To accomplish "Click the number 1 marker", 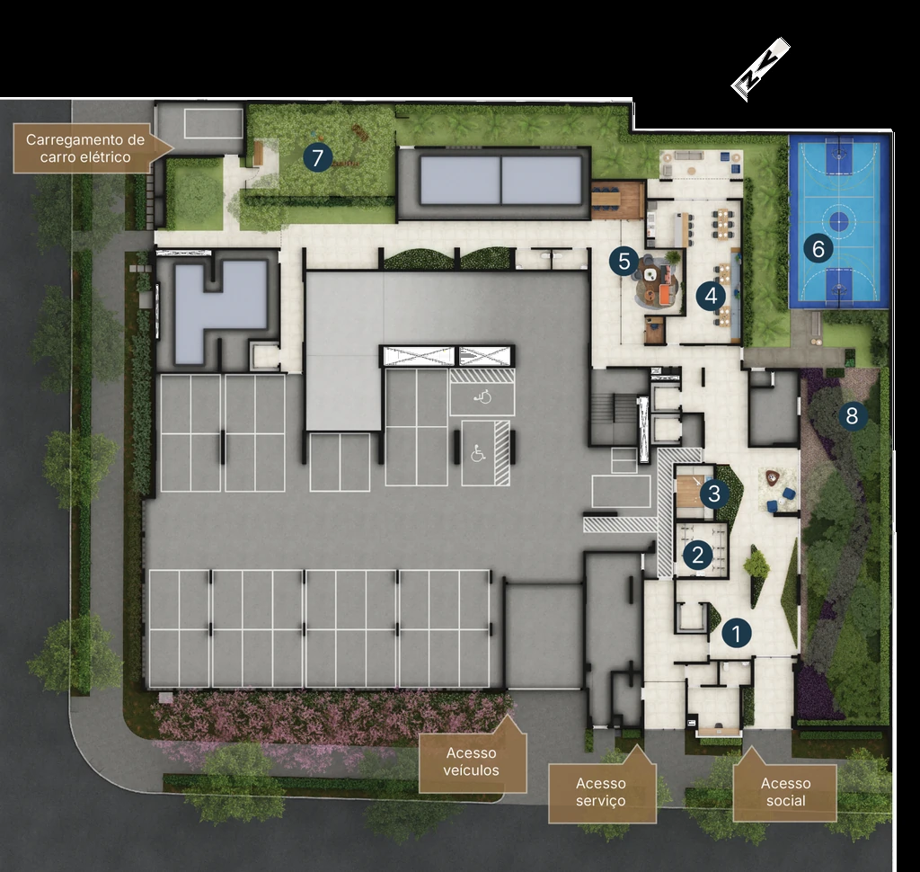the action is coord(737,633).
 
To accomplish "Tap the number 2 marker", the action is coord(697,555).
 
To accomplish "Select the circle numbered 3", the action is coord(714,493).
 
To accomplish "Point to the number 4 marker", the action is coord(712,296).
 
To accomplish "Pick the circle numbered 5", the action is coord(624,262).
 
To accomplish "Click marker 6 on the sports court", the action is coord(818,249).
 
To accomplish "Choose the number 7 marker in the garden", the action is coord(317,157).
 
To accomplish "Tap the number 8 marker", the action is coord(852,415).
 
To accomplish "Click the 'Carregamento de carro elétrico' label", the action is coord(85,148).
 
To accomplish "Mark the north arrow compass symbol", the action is coord(760,68).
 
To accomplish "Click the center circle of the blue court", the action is coord(839,221).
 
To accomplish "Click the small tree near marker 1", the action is coord(756,565).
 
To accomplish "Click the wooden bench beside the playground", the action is coord(258,155).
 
